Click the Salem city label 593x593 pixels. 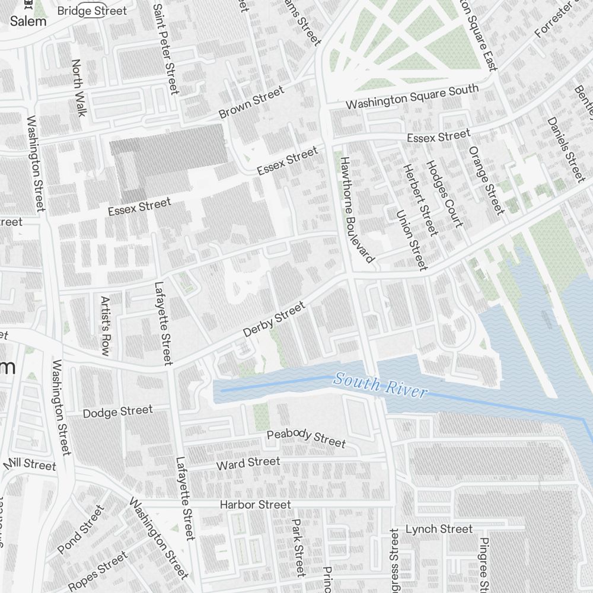(28, 21)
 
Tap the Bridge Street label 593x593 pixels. (92, 11)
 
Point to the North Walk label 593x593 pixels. (78, 87)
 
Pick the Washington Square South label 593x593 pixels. (412, 96)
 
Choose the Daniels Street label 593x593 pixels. (566, 149)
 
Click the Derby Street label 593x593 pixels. (274, 319)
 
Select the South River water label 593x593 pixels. (380, 384)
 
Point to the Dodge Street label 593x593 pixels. (117, 411)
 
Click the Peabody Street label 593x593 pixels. (306, 438)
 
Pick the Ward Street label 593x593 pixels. (248, 463)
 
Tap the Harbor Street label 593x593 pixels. (255, 505)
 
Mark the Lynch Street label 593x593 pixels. (439, 529)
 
